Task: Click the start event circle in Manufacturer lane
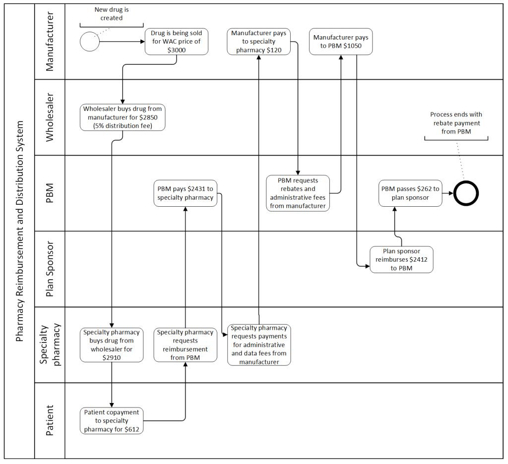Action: point(90,42)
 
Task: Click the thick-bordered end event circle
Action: point(466,193)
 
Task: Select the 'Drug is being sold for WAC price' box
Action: point(177,42)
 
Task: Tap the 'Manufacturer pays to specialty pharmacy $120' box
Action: point(259,42)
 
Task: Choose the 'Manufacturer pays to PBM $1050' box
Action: point(341,42)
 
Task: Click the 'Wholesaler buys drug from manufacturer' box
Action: point(123,117)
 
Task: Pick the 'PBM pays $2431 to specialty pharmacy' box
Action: point(185,193)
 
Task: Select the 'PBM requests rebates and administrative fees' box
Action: point(298,193)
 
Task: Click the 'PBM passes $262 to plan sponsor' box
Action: point(410,193)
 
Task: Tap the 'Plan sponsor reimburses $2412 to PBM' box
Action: point(401,260)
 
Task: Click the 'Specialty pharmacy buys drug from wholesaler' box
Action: point(112,345)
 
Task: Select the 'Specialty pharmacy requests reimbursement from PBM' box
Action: point(185,345)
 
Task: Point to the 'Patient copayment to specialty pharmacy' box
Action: point(112,420)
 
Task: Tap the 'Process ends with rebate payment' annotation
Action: point(456,123)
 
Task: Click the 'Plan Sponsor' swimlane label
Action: point(50,269)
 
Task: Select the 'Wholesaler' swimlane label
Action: point(50,117)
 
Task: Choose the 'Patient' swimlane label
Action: point(50,420)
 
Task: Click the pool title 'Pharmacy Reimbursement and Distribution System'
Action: point(20,231)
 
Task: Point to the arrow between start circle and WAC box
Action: point(122,42)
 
